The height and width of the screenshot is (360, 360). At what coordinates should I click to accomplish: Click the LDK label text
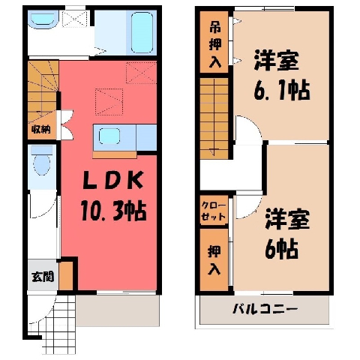click(113, 180)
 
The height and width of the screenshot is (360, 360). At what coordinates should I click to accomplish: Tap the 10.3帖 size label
click(114, 211)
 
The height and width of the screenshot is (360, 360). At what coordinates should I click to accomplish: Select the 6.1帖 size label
click(282, 90)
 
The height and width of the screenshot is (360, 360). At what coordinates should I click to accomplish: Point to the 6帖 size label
click(281, 249)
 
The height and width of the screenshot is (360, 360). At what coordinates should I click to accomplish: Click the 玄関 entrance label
click(43, 277)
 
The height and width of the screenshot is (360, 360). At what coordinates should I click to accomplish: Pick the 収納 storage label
click(41, 129)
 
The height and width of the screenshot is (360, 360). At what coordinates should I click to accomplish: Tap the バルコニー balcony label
click(265, 309)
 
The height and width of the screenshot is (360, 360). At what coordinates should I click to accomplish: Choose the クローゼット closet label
click(214, 211)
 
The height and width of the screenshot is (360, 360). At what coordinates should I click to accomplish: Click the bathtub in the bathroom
click(142, 32)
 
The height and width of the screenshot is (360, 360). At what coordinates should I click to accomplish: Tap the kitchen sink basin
click(109, 136)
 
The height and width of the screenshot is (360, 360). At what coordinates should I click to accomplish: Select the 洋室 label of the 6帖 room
click(287, 220)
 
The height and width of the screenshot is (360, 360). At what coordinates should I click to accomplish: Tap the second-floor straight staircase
click(214, 118)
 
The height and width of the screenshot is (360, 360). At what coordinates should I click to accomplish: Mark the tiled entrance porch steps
click(59, 325)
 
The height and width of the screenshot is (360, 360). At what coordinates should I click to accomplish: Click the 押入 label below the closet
click(214, 260)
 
